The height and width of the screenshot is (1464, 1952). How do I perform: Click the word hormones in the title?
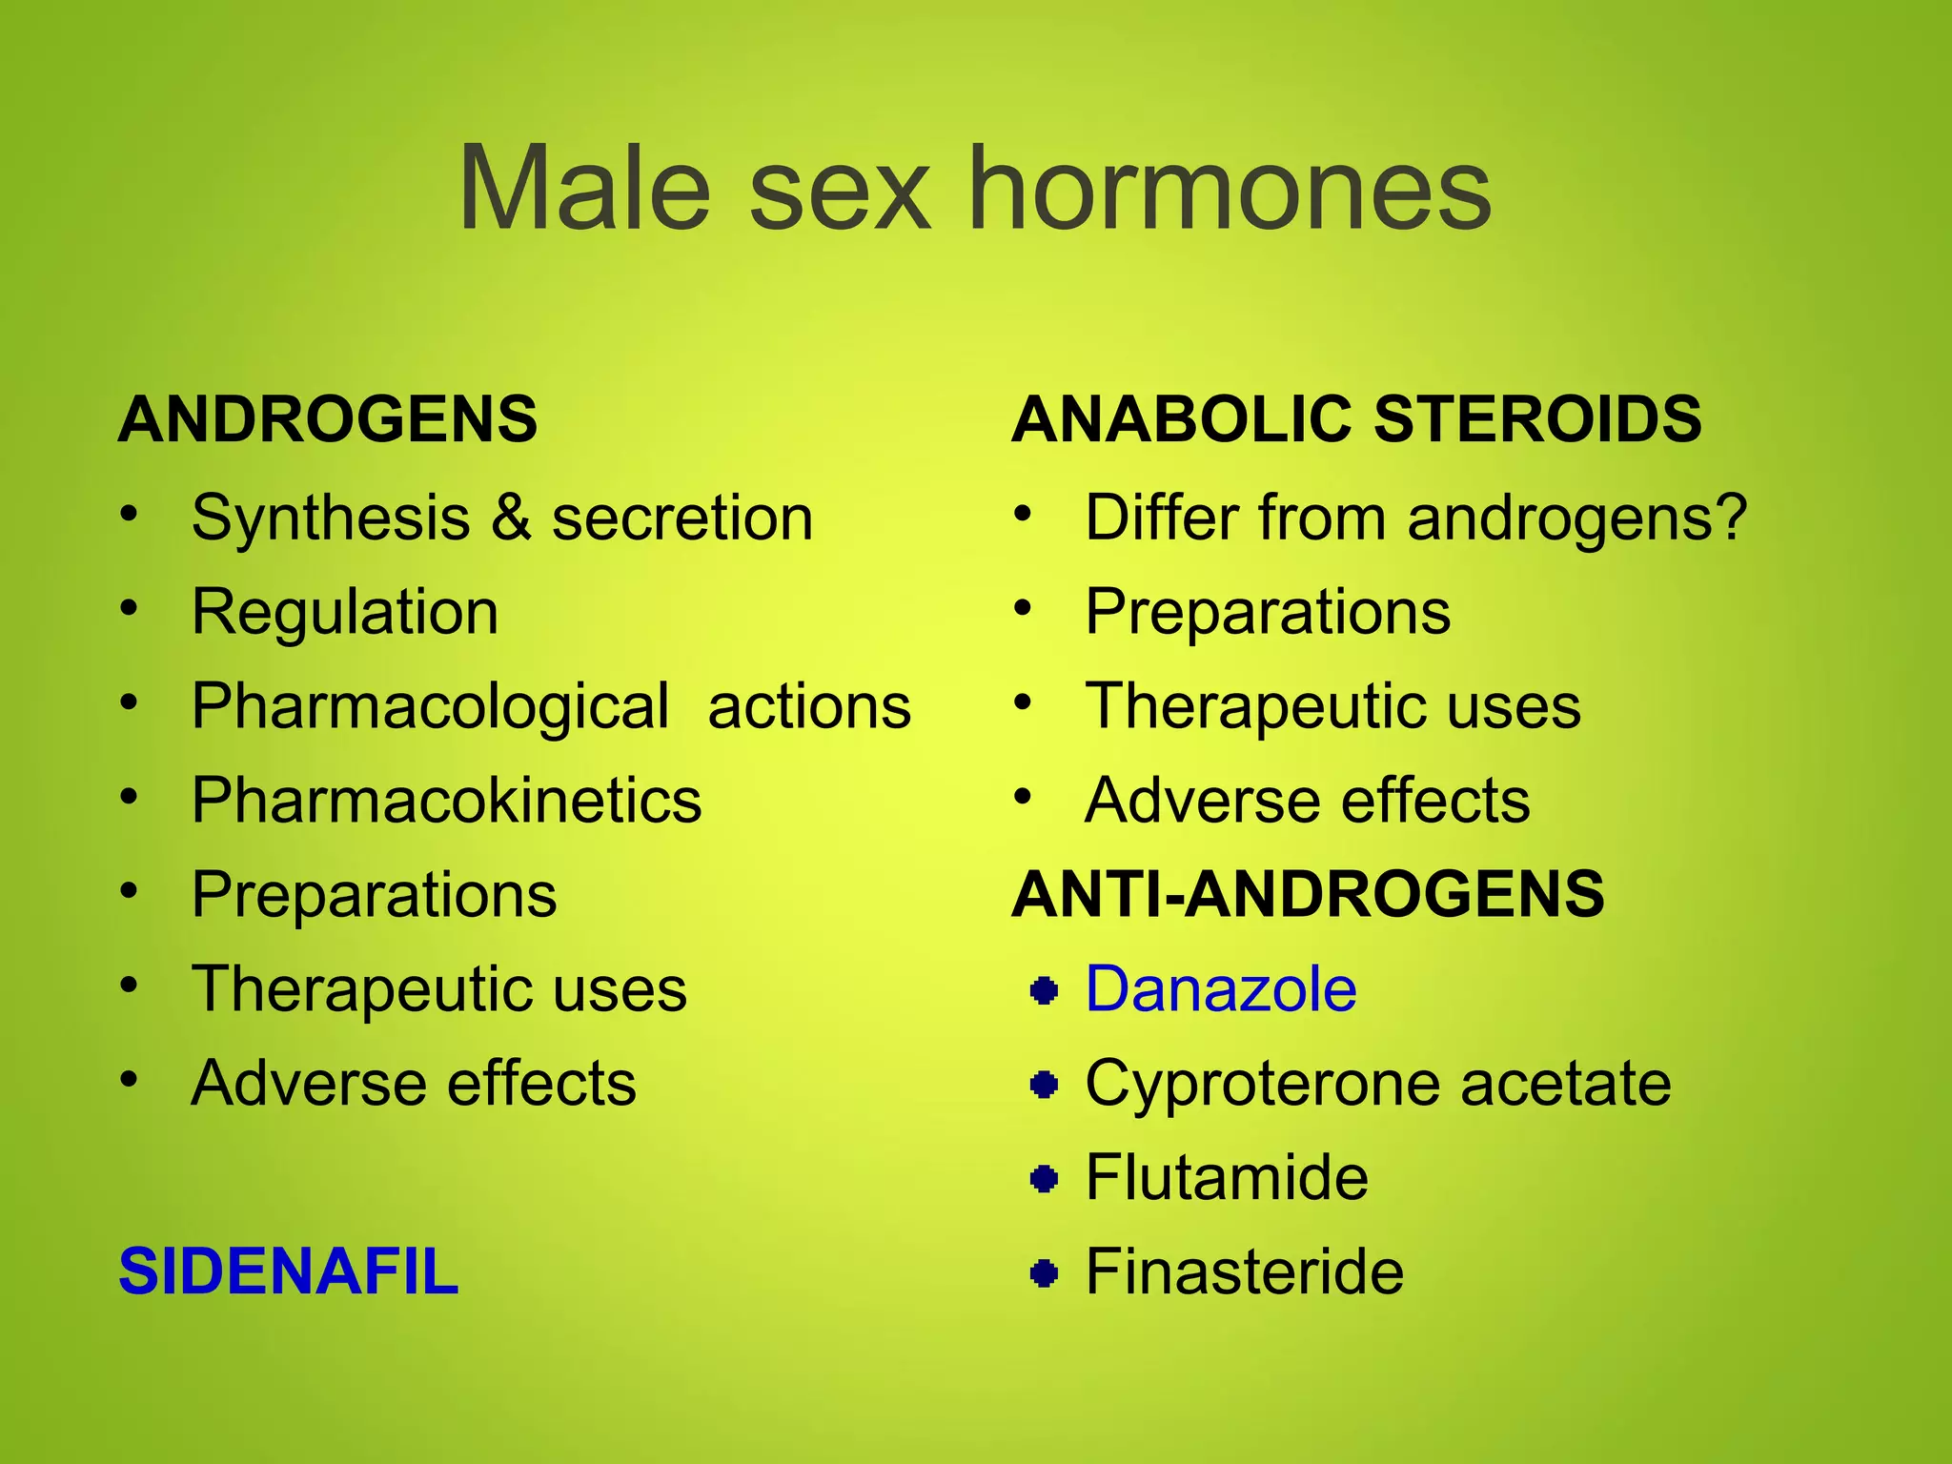coord(1230,188)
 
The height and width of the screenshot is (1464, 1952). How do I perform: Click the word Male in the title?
coord(584,188)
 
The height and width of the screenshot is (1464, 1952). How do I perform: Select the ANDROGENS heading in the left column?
coord(328,419)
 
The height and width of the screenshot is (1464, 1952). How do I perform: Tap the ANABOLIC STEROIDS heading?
coord(1356,419)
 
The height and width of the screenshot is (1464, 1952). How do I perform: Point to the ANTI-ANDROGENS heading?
coord(1308,894)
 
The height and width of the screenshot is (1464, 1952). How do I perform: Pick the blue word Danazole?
coord(1220,989)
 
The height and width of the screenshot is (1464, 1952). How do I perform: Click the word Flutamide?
coord(1227,1177)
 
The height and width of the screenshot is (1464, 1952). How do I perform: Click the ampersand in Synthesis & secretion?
coord(512,518)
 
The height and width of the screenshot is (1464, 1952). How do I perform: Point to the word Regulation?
coord(345,612)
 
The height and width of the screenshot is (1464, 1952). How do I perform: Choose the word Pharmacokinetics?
coord(446,801)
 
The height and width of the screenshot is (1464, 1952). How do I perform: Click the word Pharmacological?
coord(430,707)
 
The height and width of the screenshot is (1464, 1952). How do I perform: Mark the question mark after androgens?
coord(1730,518)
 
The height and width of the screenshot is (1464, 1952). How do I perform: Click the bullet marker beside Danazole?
coord(1045,991)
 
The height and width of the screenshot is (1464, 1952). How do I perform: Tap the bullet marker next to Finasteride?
coord(1045,1273)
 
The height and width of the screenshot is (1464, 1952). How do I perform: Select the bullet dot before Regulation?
coord(130,608)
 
